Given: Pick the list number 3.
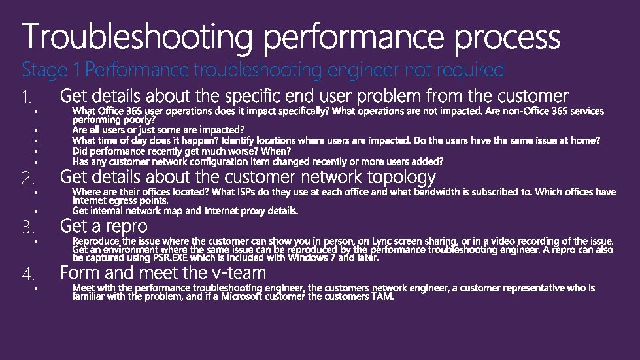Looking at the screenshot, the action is pos(27,228).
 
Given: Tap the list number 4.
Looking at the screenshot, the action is pos(27,273).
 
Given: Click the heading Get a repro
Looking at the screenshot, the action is pos(104,226).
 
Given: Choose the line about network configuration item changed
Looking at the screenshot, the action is pos(258,161).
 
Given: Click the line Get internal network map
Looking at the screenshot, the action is pos(185,211).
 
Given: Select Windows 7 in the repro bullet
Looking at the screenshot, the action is pos(316,257).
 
